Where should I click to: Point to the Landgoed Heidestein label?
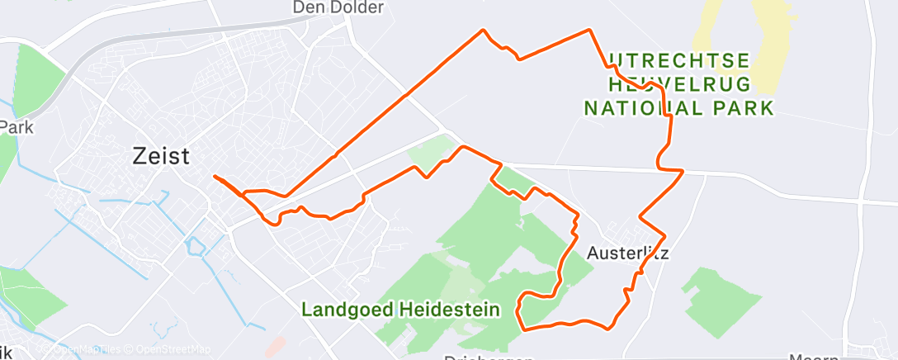click(401, 310)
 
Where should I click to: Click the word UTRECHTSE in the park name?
click(679, 61)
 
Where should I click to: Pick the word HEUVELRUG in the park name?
click(678, 84)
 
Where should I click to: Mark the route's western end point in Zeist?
click(215, 176)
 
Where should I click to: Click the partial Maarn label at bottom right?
click(813, 357)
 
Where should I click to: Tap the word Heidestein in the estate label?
click(450, 310)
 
